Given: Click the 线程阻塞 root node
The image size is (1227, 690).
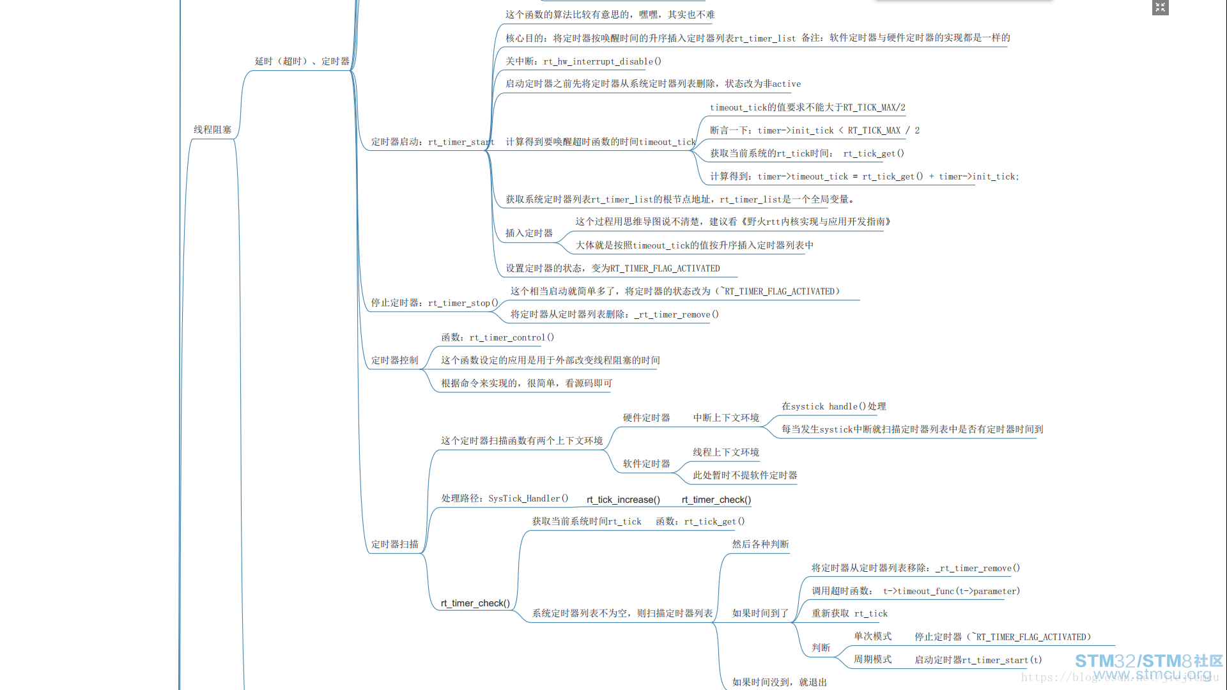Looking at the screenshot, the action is coord(213,130).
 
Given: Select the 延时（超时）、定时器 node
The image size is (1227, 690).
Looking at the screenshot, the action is coord(302,61).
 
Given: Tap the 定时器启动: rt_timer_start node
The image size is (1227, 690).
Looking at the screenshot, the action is coord(433,142).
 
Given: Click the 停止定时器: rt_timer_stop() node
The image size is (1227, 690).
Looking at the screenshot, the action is coord(435,303).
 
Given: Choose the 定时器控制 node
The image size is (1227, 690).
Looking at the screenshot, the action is coord(395,360).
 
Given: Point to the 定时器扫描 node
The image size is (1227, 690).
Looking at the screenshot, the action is coord(395,544).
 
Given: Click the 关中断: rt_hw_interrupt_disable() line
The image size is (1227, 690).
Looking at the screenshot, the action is coord(583,61).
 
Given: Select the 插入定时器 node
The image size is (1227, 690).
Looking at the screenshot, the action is coord(529,233).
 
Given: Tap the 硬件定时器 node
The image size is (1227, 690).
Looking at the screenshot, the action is coord(647,418).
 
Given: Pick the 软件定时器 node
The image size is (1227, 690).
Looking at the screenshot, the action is coord(647,464).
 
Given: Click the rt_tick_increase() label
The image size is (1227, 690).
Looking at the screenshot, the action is coord(623,500).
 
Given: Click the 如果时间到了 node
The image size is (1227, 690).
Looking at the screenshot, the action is coord(760,613).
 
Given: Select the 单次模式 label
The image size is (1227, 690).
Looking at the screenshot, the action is coord(873,636).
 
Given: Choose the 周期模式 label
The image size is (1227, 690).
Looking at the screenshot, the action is coord(873,659).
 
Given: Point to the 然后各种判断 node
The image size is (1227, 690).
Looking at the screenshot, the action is coord(760,544).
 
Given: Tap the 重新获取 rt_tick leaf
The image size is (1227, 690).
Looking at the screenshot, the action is coord(850,613).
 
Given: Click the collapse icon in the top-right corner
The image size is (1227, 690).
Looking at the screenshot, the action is coord(1161,8).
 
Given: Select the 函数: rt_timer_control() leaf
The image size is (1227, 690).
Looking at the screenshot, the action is coord(498,337).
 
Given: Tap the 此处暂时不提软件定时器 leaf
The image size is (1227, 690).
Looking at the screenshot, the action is coord(745,475).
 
